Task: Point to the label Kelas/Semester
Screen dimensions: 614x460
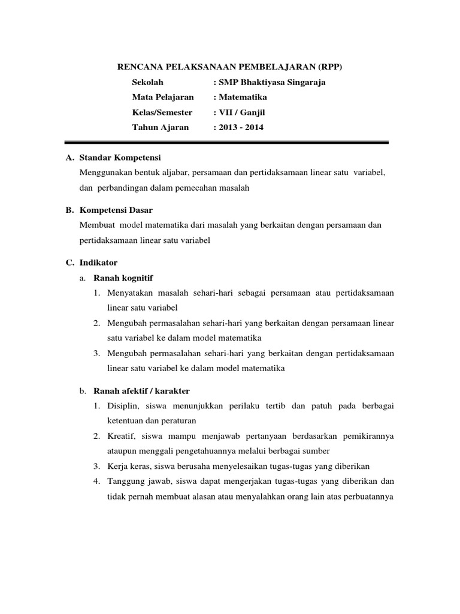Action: pyautogui.click(x=162, y=112)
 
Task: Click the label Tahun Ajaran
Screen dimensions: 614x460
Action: pyautogui.click(x=160, y=127)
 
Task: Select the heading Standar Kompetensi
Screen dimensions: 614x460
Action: pyautogui.click(x=120, y=158)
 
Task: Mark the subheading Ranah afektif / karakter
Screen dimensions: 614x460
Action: pyautogui.click(x=141, y=391)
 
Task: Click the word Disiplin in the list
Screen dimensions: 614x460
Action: pyautogui.click(x=123, y=406)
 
